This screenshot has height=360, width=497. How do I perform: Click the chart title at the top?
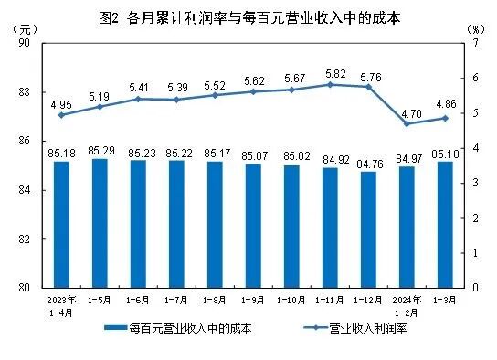pos(248,16)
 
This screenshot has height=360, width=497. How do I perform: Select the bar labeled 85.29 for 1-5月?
pos(100,224)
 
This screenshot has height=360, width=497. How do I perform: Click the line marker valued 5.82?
pos(334,84)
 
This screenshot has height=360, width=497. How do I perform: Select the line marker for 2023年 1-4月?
pos(61,115)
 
